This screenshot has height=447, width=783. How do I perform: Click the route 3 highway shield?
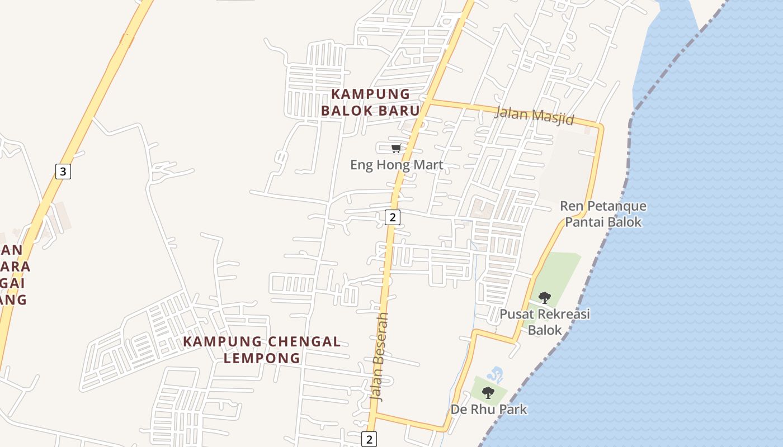coord(63,172)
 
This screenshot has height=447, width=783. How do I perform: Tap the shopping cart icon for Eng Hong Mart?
coord(396,148)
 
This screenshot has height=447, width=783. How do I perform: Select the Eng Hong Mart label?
coord(397,165)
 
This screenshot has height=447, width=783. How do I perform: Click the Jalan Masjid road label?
coord(534,115)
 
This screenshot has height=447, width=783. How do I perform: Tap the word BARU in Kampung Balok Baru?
coord(391,111)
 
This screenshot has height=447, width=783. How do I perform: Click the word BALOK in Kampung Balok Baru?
coord(346,111)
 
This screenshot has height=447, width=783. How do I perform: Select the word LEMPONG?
coord(262,358)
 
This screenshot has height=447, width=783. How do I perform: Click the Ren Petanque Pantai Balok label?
coord(603,214)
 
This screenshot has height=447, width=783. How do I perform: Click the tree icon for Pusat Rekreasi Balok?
coord(544,297)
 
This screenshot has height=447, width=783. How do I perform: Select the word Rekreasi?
coord(562,314)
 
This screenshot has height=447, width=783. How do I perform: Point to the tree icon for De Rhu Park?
coord(488,392)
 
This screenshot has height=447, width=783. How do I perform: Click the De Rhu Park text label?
coord(489,410)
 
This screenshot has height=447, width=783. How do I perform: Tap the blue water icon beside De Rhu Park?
coord(495,373)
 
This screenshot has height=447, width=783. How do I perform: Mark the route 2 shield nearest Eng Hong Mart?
coord(393,217)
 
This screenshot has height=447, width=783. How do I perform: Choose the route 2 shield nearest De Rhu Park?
coord(369,439)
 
